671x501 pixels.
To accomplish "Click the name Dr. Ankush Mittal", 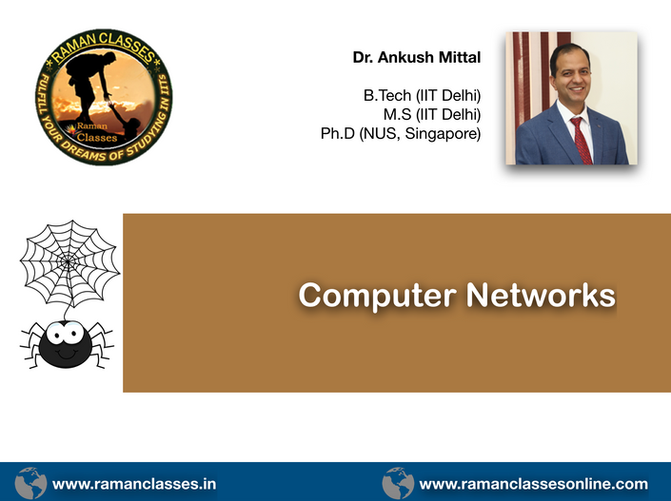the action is click(x=417, y=57).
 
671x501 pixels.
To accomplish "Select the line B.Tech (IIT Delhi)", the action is click(x=422, y=95).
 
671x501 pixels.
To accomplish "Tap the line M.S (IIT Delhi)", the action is click(x=432, y=114).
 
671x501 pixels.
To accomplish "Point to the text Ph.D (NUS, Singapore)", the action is click(x=401, y=133).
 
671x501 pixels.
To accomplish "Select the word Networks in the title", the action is click(x=541, y=295).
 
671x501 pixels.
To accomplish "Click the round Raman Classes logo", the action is click(x=104, y=97).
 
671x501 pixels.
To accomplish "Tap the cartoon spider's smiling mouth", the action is click(x=66, y=355).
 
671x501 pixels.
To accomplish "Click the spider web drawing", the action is click(x=69, y=263).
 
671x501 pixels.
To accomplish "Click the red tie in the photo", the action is click(x=582, y=141).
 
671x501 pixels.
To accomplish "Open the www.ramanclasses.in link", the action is click(x=134, y=484).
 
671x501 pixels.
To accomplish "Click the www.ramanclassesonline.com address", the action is click(x=533, y=484).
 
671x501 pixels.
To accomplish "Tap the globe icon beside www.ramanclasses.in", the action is click(x=30, y=484).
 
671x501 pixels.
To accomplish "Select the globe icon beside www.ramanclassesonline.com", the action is click(x=398, y=484).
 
